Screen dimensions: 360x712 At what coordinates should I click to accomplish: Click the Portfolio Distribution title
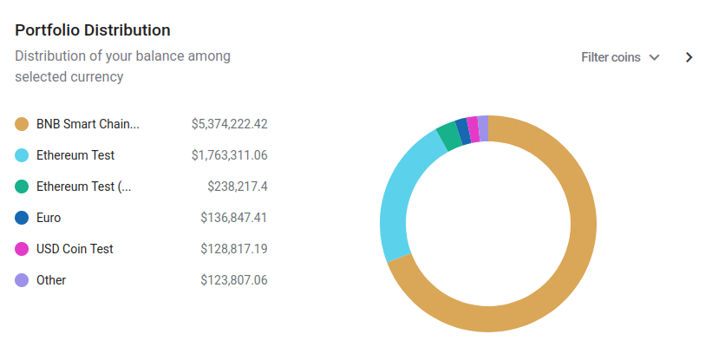point(93,30)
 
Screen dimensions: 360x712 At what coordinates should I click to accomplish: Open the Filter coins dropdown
point(620,57)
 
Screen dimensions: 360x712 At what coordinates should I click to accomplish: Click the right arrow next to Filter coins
point(689,57)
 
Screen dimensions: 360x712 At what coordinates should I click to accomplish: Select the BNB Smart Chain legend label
point(88,124)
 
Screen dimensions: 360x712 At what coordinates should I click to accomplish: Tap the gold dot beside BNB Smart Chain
point(23,124)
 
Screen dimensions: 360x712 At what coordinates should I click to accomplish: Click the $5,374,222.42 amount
point(229,124)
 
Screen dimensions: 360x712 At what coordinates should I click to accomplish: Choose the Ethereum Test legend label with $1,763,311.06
point(75,155)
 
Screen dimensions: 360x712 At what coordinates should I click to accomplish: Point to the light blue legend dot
point(23,155)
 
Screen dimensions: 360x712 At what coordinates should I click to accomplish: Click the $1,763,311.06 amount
point(229,155)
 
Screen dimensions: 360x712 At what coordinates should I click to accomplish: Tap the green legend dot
point(23,187)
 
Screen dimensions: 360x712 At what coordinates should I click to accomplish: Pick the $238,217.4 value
point(237,187)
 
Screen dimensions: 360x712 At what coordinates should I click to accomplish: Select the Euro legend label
point(49,218)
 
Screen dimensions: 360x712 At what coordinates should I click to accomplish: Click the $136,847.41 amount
point(233,218)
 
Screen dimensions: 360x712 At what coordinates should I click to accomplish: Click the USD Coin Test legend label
point(75,249)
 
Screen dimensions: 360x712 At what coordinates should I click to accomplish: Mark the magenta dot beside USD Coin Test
point(23,249)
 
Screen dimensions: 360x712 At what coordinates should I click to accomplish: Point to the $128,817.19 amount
point(233,249)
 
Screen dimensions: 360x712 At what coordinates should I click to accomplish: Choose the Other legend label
point(51,280)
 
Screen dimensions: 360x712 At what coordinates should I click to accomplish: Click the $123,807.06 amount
point(233,280)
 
